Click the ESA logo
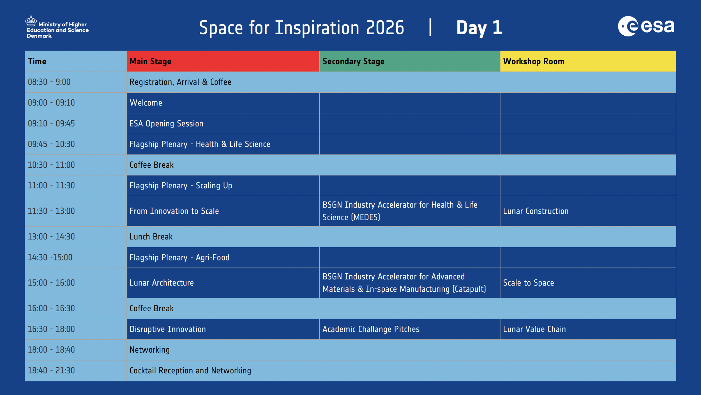pyautogui.click(x=646, y=26)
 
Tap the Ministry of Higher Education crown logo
pyautogui.click(x=31, y=20)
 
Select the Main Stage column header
pyautogui.click(x=223, y=61)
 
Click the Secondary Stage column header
pyautogui.click(x=410, y=61)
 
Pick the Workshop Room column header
pyautogui.click(x=588, y=61)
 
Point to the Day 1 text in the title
pyautogui.click(x=479, y=28)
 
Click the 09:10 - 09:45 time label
pyautogui.click(x=51, y=124)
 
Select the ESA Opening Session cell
pyautogui.click(x=167, y=124)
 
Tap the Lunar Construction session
pyautogui.click(x=536, y=211)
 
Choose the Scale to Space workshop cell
pyautogui.click(x=529, y=283)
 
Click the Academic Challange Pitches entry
pyautogui.click(x=371, y=329)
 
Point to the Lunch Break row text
pyautogui.click(x=151, y=237)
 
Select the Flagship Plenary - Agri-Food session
pyautogui.click(x=179, y=257)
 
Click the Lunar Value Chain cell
pyautogui.click(x=534, y=329)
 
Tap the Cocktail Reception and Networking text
pyautogui.click(x=190, y=371)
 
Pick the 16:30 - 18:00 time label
pyautogui.click(x=51, y=329)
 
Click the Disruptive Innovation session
pyautogui.click(x=168, y=329)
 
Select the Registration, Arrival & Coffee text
pyautogui.click(x=181, y=82)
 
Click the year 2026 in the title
pyautogui.click(x=385, y=28)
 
